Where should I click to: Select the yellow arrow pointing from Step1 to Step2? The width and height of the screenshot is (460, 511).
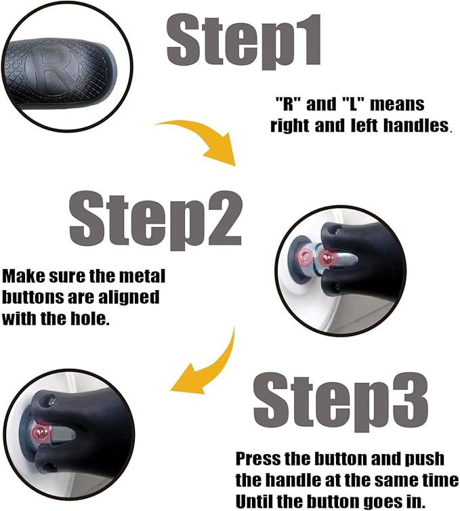point(201,139)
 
